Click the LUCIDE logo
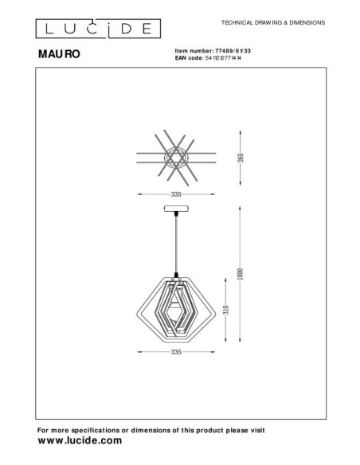(98, 29)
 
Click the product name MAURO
(59, 54)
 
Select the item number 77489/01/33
(233, 51)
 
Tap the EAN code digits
(223, 58)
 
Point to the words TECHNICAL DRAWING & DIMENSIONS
(273, 22)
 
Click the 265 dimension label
(241, 158)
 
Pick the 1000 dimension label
(241, 274)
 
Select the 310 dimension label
(226, 310)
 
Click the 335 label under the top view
(176, 194)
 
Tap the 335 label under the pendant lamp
(176, 352)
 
